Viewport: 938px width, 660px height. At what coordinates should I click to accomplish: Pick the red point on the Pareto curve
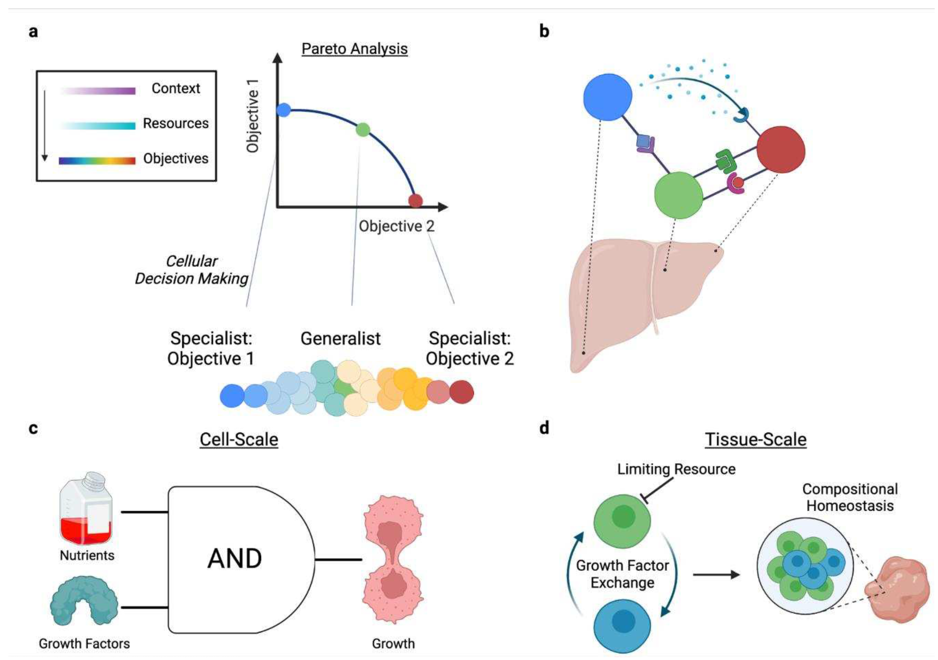click(415, 201)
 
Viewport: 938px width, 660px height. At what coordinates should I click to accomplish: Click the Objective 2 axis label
click(396, 226)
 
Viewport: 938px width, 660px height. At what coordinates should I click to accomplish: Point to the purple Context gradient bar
click(98, 91)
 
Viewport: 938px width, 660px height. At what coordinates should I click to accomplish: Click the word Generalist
click(340, 338)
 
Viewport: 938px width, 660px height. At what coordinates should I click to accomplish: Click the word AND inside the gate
click(235, 559)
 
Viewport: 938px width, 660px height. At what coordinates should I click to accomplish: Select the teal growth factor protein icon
click(84, 600)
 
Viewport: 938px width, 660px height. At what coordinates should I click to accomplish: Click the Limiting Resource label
click(676, 469)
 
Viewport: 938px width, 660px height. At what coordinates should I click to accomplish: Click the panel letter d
click(544, 428)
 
